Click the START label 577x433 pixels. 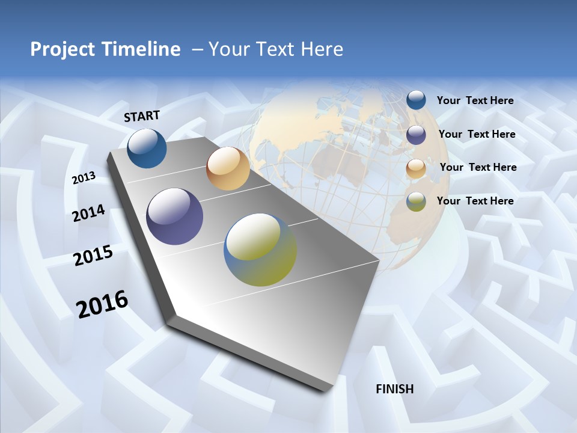tap(142, 116)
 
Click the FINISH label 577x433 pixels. tap(395, 389)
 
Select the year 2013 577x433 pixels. tap(84, 178)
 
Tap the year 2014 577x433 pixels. tap(88, 213)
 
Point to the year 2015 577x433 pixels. tap(93, 256)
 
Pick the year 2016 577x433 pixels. tap(102, 304)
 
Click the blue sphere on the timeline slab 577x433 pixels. tap(147, 148)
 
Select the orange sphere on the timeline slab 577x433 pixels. tap(228, 168)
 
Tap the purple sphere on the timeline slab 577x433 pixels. tap(174, 216)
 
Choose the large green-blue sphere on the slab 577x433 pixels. tap(260, 250)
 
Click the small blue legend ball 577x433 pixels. tap(416, 100)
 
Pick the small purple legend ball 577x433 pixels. tap(416, 134)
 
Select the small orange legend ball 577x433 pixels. tap(416, 168)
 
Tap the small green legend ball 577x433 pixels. tap(416, 201)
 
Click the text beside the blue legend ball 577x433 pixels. tap(475, 100)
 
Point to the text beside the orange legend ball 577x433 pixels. tap(478, 167)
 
